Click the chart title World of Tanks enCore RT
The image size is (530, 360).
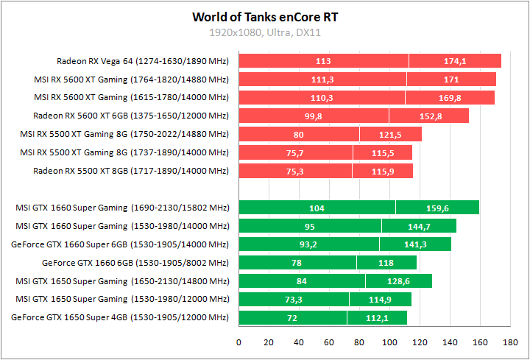click(x=265, y=16)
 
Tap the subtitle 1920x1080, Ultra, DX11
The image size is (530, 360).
click(x=265, y=32)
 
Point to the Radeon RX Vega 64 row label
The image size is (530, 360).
click(x=143, y=61)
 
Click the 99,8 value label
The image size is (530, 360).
click(x=313, y=116)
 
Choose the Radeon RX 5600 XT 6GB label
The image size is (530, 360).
click(x=131, y=116)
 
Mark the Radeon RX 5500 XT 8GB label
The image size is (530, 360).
click(x=131, y=171)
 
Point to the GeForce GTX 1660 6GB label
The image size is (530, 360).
click(x=135, y=263)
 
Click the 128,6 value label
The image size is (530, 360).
click(x=399, y=281)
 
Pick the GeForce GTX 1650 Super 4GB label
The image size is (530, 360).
click(x=120, y=318)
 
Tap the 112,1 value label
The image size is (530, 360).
click(x=377, y=318)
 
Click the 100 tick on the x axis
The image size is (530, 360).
click(x=390, y=342)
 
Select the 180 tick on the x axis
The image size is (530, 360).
click(x=511, y=342)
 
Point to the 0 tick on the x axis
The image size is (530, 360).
click(x=239, y=342)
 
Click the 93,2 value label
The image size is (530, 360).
click(x=308, y=244)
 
